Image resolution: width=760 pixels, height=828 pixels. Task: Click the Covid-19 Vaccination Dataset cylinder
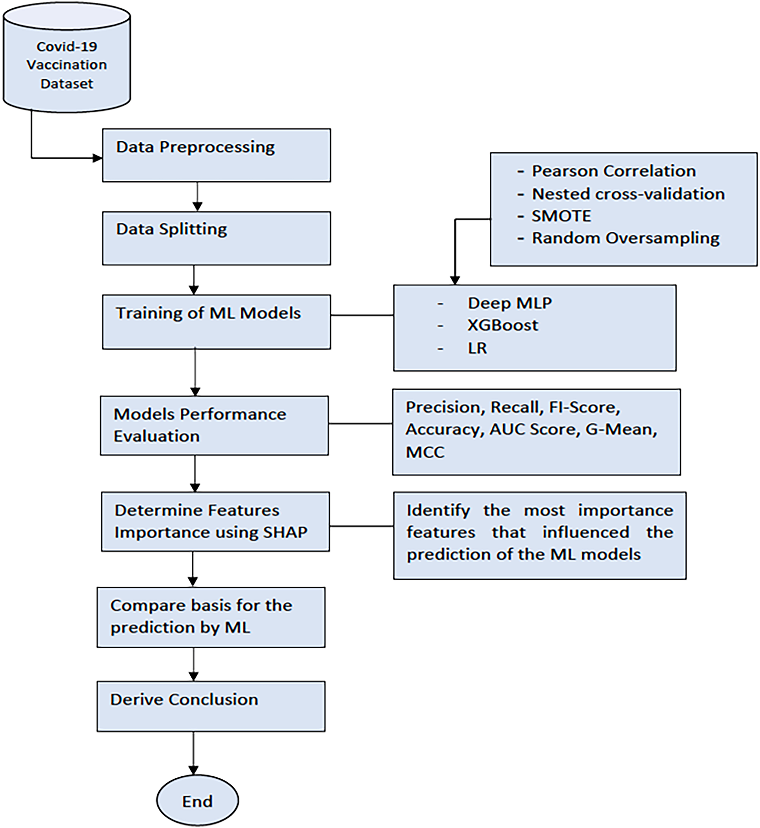point(67,58)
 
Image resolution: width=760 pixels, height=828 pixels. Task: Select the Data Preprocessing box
point(216,155)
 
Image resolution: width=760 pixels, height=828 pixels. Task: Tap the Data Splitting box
point(216,238)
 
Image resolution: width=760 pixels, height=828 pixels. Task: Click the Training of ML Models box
point(216,322)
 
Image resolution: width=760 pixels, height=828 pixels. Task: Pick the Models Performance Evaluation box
point(214,426)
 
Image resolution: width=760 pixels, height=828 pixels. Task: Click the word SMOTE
point(561,216)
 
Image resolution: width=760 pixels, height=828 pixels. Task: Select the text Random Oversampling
point(626,238)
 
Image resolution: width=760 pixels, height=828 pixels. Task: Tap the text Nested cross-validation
point(628,194)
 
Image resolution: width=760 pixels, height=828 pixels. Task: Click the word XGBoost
point(503,325)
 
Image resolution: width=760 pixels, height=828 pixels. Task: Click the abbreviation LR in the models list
point(477,348)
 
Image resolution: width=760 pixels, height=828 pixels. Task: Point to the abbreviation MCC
point(425,452)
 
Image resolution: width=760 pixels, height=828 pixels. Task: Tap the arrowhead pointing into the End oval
point(193,770)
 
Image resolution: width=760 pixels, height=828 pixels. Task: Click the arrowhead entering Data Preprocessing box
point(97,158)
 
